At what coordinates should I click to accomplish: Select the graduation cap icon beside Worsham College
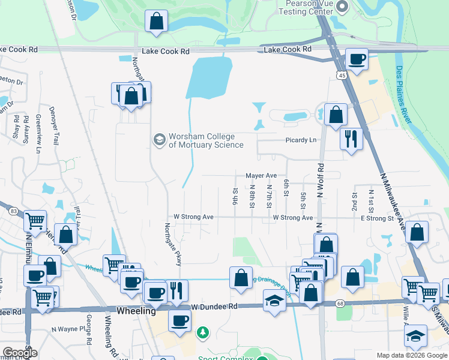point(159,140)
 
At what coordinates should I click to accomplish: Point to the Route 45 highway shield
point(341,75)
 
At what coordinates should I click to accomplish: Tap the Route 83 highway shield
point(13,210)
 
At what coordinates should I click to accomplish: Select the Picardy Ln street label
point(300,140)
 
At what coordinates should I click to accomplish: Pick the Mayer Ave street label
point(261,176)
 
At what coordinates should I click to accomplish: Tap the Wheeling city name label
point(136,311)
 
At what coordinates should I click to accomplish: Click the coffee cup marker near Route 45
point(357,59)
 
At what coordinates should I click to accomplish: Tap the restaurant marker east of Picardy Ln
point(351,139)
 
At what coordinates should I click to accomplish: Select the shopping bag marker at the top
point(156,21)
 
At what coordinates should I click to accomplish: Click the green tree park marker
point(203,332)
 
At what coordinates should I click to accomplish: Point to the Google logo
point(20,352)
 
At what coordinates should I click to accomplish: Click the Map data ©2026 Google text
point(411,355)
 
